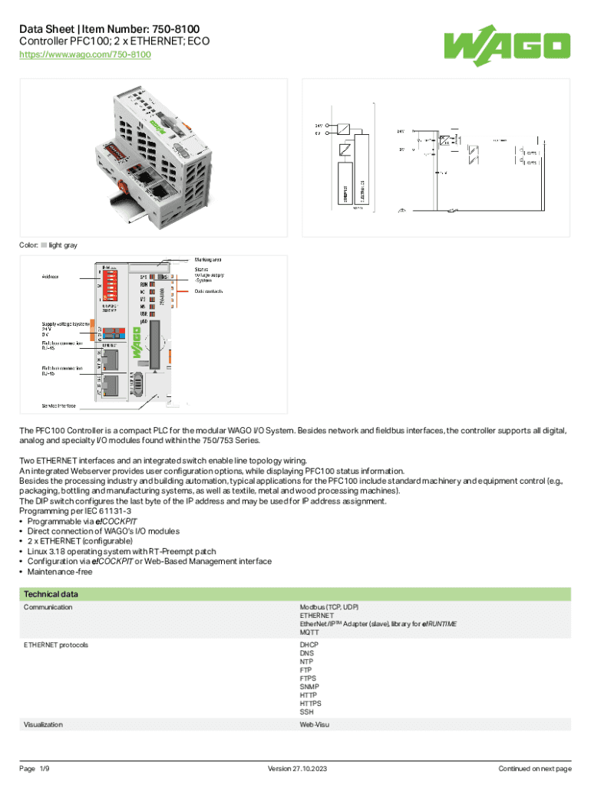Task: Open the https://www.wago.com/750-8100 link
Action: point(84,55)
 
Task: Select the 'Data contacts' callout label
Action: point(209,291)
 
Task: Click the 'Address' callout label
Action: point(51,275)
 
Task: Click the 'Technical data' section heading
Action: point(51,594)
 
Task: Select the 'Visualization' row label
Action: point(43,724)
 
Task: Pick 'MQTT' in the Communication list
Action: point(309,633)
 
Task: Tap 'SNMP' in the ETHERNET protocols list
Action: point(309,687)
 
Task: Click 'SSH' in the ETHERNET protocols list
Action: point(306,712)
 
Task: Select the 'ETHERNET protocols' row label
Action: point(56,645)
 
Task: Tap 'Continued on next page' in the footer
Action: point(535,769)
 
